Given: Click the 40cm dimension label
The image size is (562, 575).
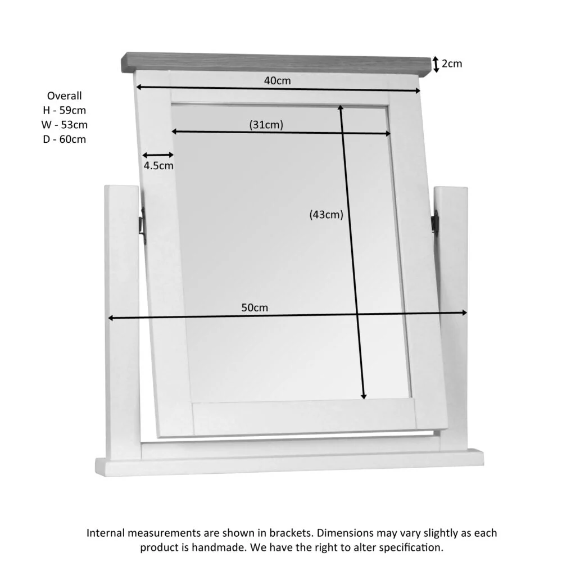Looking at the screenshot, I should click(x=278, y=80).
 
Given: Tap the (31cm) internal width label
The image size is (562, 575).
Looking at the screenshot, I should click(x=266, y=125).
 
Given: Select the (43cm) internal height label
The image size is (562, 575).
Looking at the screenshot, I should click(x=326, y=214).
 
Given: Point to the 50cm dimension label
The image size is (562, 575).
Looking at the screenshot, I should click(x=255, y=307).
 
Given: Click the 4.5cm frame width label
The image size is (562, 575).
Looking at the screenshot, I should click(x=158, y=166).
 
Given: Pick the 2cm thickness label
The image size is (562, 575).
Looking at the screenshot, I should click(x=452, y=64).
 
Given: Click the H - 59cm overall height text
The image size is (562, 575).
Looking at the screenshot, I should click(x=65, y=110).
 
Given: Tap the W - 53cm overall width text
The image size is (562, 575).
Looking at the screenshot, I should click(x=65, y=125).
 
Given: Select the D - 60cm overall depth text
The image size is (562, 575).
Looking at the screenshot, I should click(x=65, y=139).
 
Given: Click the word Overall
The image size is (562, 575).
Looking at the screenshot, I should click(x=65, y=96).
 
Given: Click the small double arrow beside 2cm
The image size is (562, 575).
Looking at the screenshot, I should click(x=436, y=64).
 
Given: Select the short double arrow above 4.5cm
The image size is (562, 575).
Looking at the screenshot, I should click(x=158, y=155).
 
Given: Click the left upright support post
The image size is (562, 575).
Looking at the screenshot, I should click(x=122, y=315).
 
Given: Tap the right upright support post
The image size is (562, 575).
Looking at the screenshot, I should click(x=453, y=315).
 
